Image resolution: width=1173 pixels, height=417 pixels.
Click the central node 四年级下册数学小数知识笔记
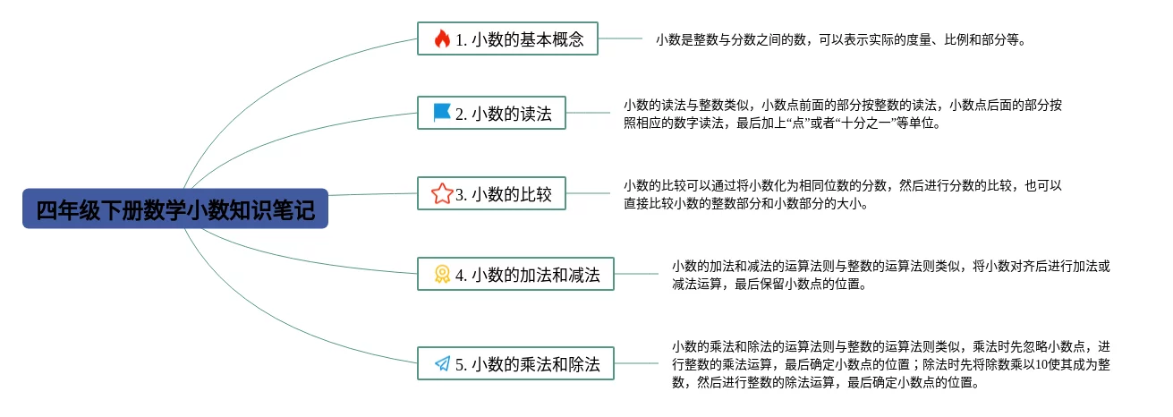pos(175,208)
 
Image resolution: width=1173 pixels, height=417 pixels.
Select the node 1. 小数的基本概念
pos(507,38)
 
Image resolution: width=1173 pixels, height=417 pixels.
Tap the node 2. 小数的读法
pos(492,114)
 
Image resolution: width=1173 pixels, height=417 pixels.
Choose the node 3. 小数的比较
pos(492,193)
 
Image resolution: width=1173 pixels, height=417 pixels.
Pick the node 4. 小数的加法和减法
pos(516,274)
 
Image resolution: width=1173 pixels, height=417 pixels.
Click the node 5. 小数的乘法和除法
pos(516,364)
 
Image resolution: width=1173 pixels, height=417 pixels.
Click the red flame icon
pos(442,38)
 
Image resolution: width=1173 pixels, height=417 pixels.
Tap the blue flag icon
pos(442,113)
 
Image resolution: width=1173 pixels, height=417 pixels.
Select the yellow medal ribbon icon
pos(442,274)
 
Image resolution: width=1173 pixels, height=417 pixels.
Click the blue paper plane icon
pos(442,364)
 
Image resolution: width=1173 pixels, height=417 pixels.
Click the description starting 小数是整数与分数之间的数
pos(840,39)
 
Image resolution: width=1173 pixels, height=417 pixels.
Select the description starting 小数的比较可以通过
pos(842,194)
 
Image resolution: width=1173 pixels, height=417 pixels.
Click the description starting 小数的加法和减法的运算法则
pos(890,275)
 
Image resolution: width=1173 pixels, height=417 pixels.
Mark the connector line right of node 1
pos(620,38)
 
